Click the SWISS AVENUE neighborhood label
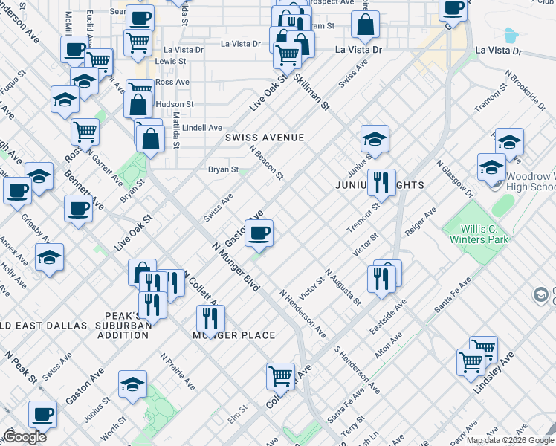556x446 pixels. click(265, 138)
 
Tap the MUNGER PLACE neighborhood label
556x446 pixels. click(234, 335)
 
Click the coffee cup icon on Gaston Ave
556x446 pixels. click(259, 233)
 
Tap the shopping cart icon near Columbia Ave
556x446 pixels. click(280, 376)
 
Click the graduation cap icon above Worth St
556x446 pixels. click(133, 384)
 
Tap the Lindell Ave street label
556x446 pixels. click(202, 128)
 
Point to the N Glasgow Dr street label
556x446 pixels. click(454, 178)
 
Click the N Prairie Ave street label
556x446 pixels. click(178, 371)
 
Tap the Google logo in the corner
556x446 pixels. click(25, 437)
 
